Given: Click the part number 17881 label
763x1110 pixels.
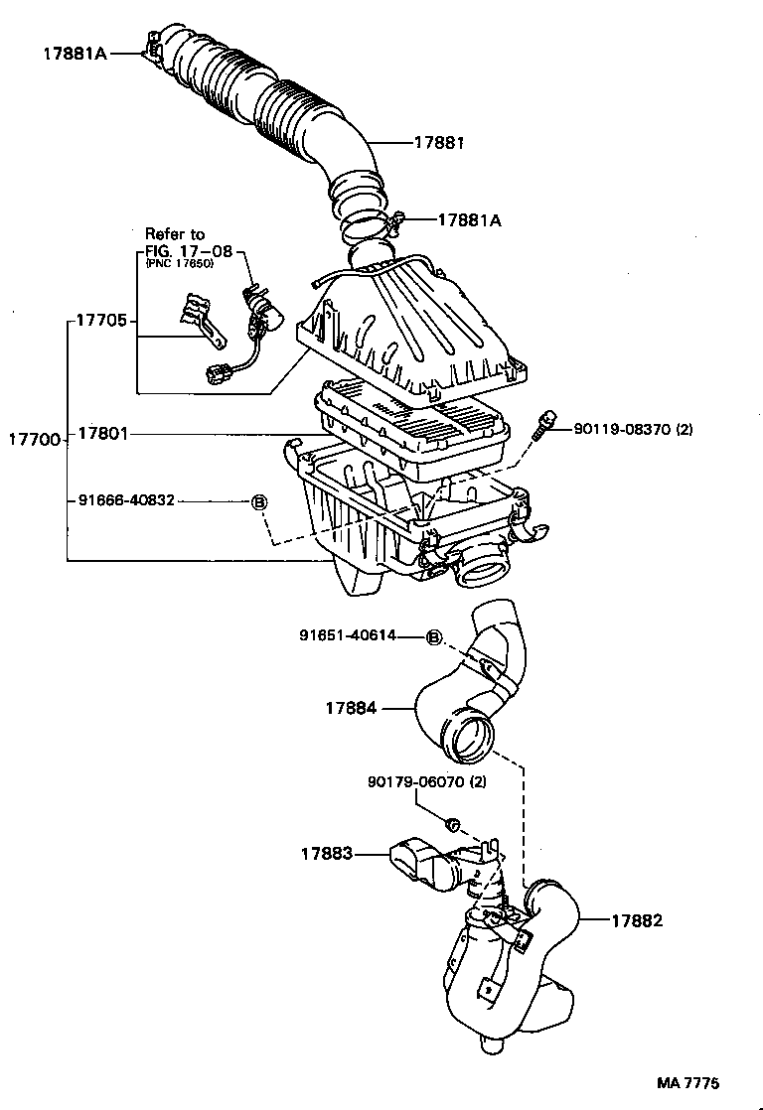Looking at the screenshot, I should coord(440,142).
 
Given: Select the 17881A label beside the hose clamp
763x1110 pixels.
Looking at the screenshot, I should coord(469,221).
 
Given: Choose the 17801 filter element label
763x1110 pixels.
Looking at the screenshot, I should coord(104,434).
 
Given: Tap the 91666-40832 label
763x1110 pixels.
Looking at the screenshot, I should coord(126,500).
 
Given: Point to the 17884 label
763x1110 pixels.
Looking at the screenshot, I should coord(350,708).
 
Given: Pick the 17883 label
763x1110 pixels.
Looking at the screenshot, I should coord(328,852).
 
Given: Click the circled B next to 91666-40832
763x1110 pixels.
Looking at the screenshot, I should coord(257,501).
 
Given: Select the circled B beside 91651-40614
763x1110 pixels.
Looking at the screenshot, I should coord(434,636).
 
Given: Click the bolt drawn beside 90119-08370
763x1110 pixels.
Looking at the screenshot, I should coord(543,424).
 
